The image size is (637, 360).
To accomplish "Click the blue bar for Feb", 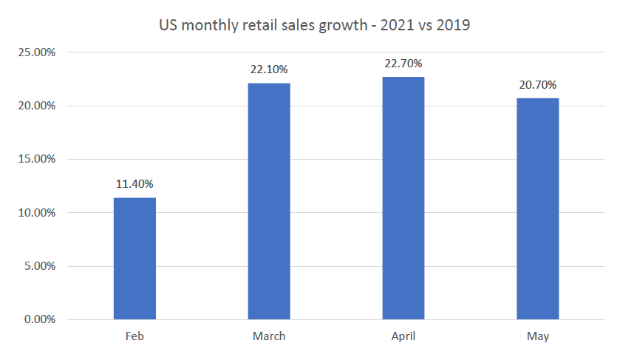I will tap(134, 259).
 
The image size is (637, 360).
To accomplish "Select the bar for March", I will tap(269, 201).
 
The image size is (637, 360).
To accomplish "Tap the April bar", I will tap(403, 198).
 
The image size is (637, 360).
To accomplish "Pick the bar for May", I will tap(537, 208).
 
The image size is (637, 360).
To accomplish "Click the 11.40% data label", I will tap(134, 183).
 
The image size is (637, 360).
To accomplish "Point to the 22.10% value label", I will tap(269, 69).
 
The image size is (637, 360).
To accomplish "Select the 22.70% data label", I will tap(403, 64).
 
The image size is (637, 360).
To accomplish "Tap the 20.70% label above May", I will tap(537, 84).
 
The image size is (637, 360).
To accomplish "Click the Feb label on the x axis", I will tap(134, 336).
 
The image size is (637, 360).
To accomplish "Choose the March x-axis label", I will tap(269, 336).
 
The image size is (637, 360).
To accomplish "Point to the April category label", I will tap(403, 336).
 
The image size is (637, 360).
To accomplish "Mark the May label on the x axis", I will tap(537, 336).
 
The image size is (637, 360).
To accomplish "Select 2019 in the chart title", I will tap(454, 25).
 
